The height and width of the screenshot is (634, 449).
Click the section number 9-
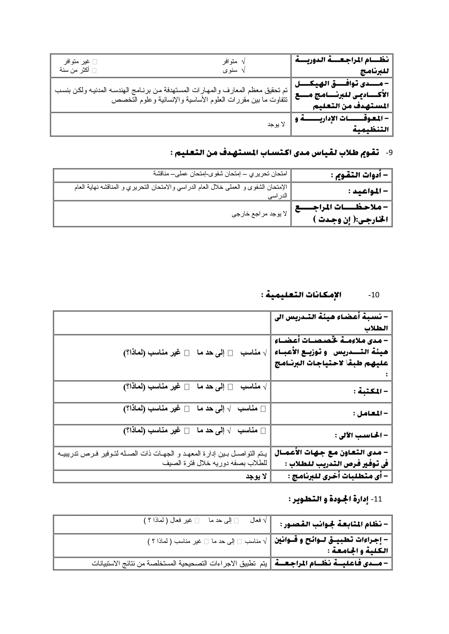pyautogui.click(x=389, y=153)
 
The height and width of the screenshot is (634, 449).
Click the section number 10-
pyautogui.click(x=374, y=295)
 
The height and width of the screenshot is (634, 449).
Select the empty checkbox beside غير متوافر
pyautogui.click(x=95, y=62)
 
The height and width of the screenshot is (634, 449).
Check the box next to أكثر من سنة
pyautogui.click(x=94, y=70)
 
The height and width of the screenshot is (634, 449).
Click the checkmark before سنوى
pyautogui.click(x=243, y=70)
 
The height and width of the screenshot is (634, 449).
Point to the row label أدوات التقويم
pyautogui.click(x=359, y=175)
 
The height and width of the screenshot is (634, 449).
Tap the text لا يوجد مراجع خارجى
pyautogui.click(x=259, y=214)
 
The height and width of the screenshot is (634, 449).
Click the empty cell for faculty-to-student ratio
pyautogui.click(x=162, y=323)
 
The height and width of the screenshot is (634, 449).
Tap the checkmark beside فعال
pyautogui.click(x=265, y=520)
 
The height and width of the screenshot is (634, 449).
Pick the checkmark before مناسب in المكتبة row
pyautogui.click(x=265, y=387)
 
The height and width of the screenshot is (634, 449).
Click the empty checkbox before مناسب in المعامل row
pyautogui.click(x=263, y=408)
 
